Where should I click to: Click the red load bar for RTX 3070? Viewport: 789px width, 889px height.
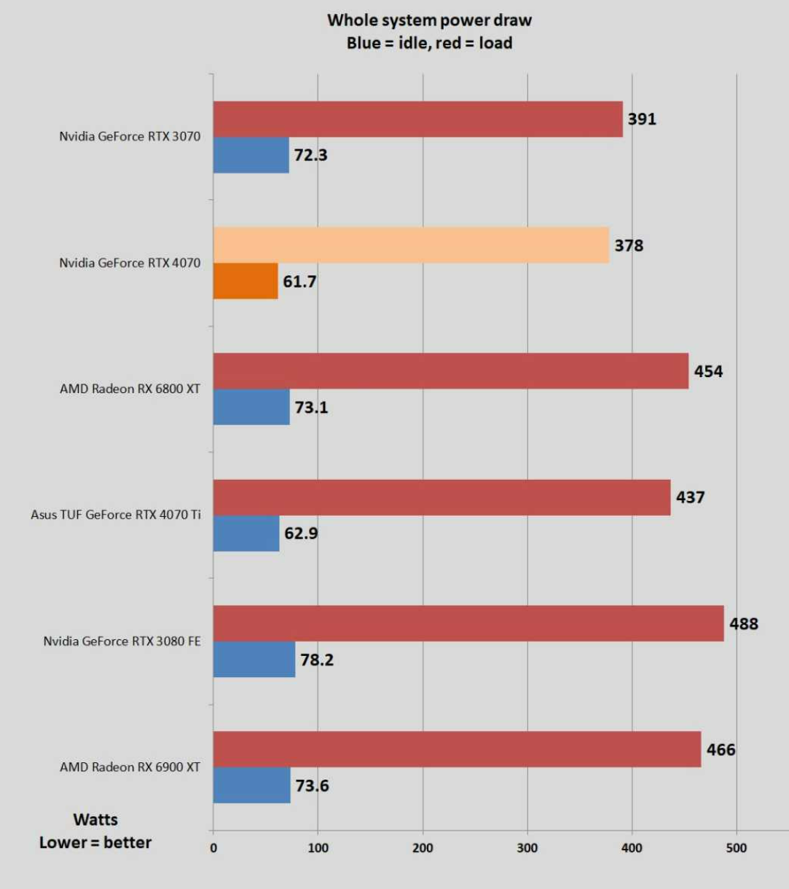point(417,119)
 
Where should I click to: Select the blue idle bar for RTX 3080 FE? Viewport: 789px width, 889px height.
point(254,659)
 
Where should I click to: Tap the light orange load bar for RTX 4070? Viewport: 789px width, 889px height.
point(411,245)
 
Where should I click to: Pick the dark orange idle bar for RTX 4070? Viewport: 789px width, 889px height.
point(246,281)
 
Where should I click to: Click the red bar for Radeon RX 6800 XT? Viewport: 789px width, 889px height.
point(450,371)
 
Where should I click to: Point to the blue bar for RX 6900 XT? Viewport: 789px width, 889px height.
point(251,785)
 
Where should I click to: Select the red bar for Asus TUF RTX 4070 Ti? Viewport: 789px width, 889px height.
point(441,497)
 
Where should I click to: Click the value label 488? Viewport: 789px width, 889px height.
point(744,624)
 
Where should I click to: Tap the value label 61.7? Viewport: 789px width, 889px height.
point(299,282)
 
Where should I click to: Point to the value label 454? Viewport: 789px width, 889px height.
point(708,371)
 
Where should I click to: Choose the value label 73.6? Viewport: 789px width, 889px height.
point(312,786)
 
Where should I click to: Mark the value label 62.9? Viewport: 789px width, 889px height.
point(301,534)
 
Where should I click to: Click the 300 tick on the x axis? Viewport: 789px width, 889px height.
point(527,847)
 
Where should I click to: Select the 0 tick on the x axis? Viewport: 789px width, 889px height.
point(213,847)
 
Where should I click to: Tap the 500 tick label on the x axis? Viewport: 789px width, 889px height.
point(737,847)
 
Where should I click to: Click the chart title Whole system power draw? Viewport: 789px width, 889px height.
point(429,20)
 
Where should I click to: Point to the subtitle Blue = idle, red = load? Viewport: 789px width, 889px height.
point(429,43)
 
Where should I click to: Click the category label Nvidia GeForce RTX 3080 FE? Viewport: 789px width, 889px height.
point(122,641)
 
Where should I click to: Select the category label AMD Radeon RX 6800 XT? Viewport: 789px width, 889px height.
point(130,389)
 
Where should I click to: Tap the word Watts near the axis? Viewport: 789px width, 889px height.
point(95,820)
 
